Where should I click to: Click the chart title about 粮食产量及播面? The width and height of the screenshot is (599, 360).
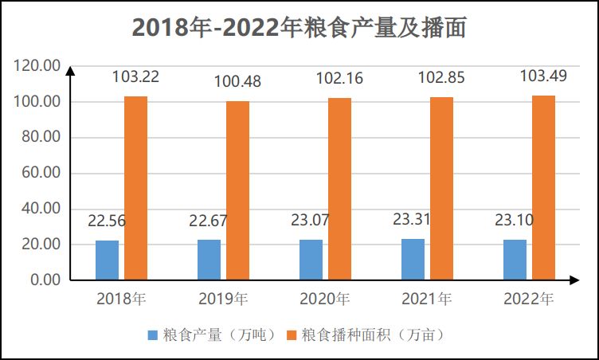coord(299,28)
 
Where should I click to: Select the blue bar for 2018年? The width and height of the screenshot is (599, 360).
coord(107,260)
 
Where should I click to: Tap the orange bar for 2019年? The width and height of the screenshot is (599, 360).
coord(237,190)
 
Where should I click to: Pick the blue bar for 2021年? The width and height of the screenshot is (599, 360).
coord(413,259)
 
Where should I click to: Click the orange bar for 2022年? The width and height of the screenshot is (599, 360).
coord(543,187)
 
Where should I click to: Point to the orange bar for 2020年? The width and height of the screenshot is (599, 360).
coord(339,189)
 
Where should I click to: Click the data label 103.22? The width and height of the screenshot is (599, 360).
coord(135,77)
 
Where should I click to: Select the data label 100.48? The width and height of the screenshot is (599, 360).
coord(237,81)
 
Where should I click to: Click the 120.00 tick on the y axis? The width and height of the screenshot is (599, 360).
coord(37,66)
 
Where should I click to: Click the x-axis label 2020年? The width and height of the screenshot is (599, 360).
coord(324,299)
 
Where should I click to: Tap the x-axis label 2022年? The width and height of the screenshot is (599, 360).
coord(528,299)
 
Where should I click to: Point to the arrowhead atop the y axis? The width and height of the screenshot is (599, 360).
coord(70,71)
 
